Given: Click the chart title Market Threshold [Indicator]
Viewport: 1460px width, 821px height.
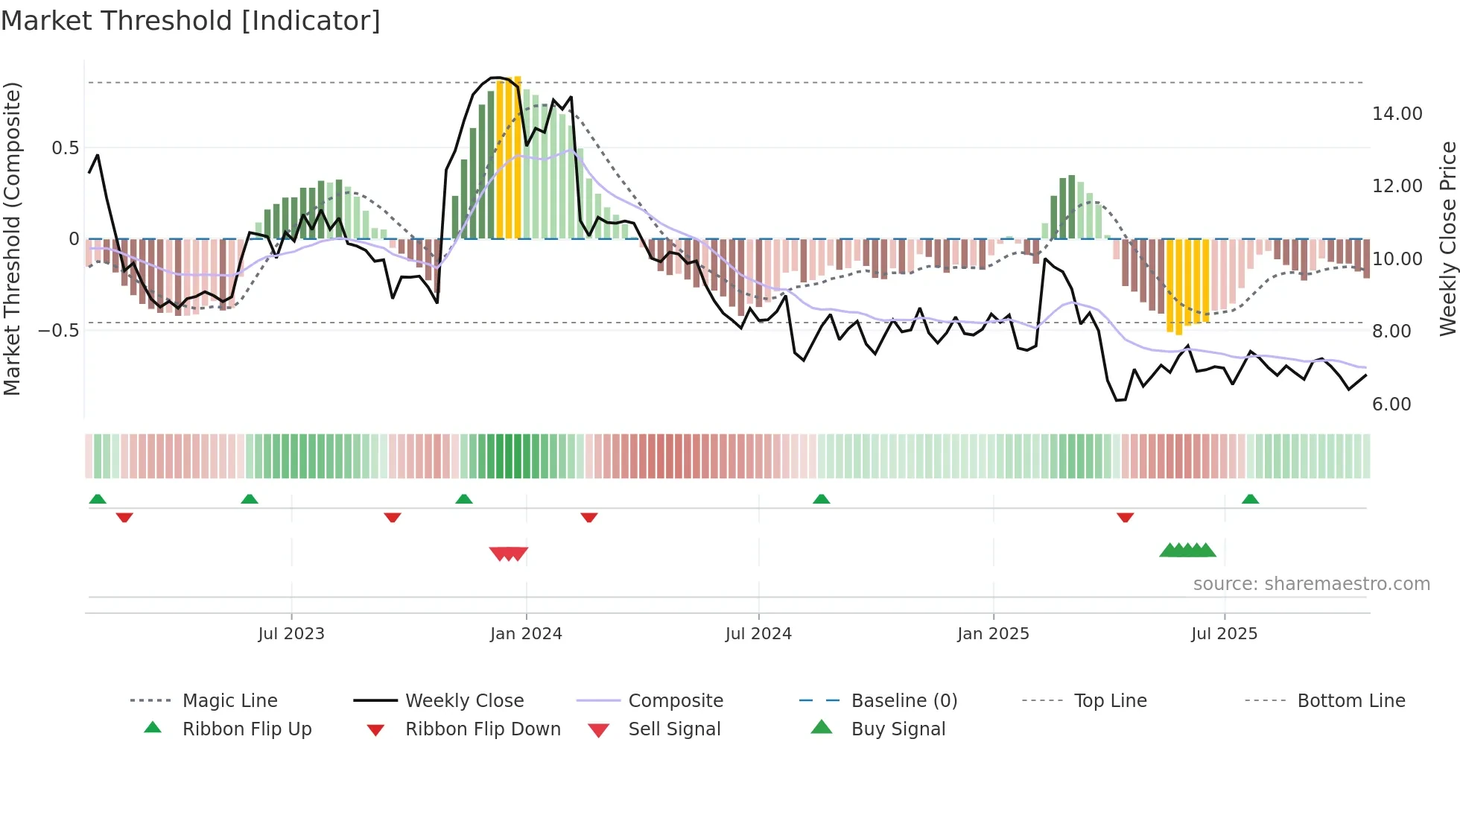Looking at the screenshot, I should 191,21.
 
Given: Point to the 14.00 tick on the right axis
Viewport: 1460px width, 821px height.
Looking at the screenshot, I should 1397,114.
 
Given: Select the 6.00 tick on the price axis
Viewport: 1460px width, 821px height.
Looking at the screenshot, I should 1391,405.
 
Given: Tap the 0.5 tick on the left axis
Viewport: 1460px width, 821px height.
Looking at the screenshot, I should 66,148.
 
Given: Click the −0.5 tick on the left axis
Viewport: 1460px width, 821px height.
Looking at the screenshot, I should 59,330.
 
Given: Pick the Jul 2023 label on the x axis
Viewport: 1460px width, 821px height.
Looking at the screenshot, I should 291,634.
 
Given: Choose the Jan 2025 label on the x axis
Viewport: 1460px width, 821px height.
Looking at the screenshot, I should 993,634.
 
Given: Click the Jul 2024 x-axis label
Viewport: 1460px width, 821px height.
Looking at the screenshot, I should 758,634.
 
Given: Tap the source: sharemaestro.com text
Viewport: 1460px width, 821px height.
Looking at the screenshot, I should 1311,584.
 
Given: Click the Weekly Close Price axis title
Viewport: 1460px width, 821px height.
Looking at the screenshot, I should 1447,238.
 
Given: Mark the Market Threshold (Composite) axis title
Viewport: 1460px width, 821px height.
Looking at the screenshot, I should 12,238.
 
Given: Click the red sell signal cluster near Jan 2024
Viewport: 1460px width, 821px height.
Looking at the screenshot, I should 509,554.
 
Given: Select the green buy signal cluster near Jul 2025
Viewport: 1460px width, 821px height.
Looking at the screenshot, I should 1187,551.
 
